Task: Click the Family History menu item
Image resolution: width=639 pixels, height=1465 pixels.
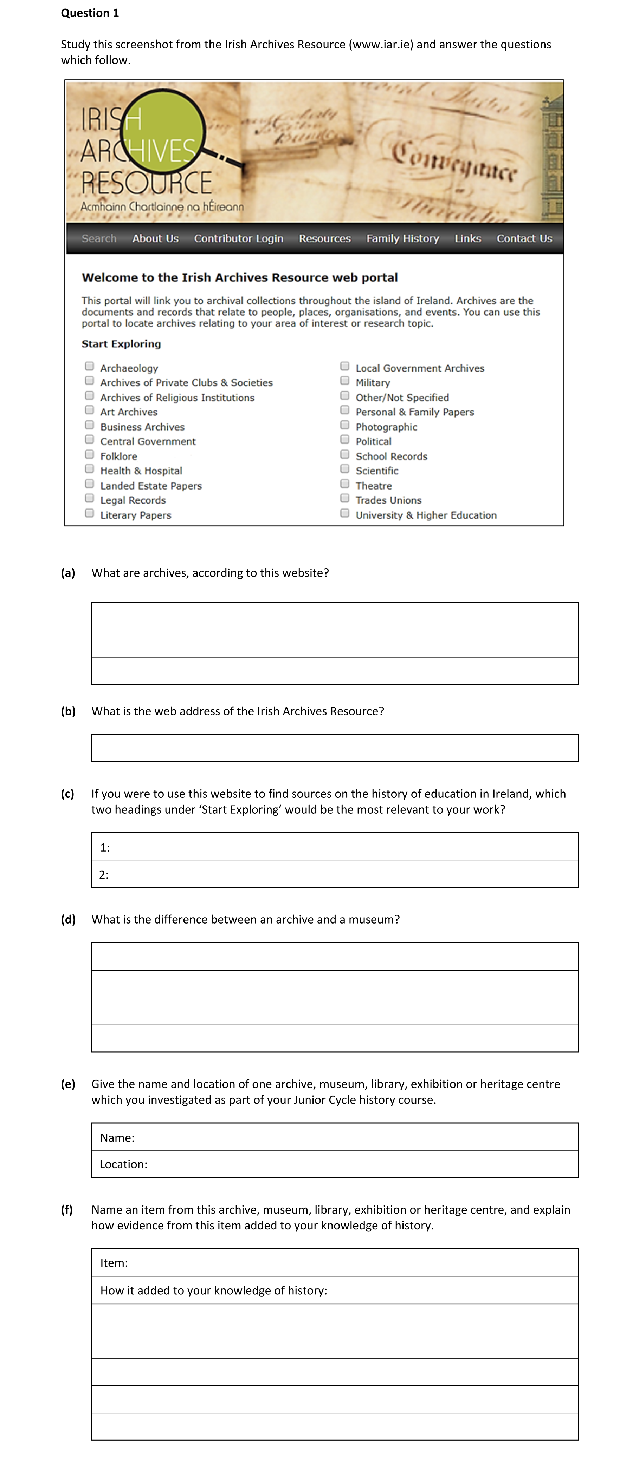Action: [x=402, y=238]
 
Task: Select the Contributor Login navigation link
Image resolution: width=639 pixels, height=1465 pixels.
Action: [x=238, y=238]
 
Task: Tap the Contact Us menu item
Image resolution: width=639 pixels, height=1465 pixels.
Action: [x=524, y=238]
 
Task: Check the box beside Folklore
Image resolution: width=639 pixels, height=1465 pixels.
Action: [x=89, y=454]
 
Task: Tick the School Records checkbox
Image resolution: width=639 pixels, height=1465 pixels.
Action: [x=345, y=454]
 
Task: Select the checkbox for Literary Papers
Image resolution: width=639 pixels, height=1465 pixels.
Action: [x=89, y=513]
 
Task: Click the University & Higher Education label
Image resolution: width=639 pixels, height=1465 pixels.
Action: [x=426, y=515]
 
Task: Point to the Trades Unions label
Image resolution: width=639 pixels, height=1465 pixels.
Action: [x=388, y=500]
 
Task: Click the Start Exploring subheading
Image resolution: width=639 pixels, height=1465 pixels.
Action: [x=121, y=343]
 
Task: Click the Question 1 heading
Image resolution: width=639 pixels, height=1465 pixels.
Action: [x=90, y=13]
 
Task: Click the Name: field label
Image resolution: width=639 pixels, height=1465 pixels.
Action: [x=117, y=1137]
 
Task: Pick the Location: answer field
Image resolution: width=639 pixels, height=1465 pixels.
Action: [x=359, y=1164]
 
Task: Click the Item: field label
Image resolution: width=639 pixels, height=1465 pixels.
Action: [x=114, y=1262]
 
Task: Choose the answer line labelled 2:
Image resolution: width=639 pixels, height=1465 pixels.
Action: [x=336, y=874]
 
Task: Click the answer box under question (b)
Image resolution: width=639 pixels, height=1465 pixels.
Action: [x=335, y=748]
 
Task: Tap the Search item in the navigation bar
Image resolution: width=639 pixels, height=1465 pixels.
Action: [x=99, y=238]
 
